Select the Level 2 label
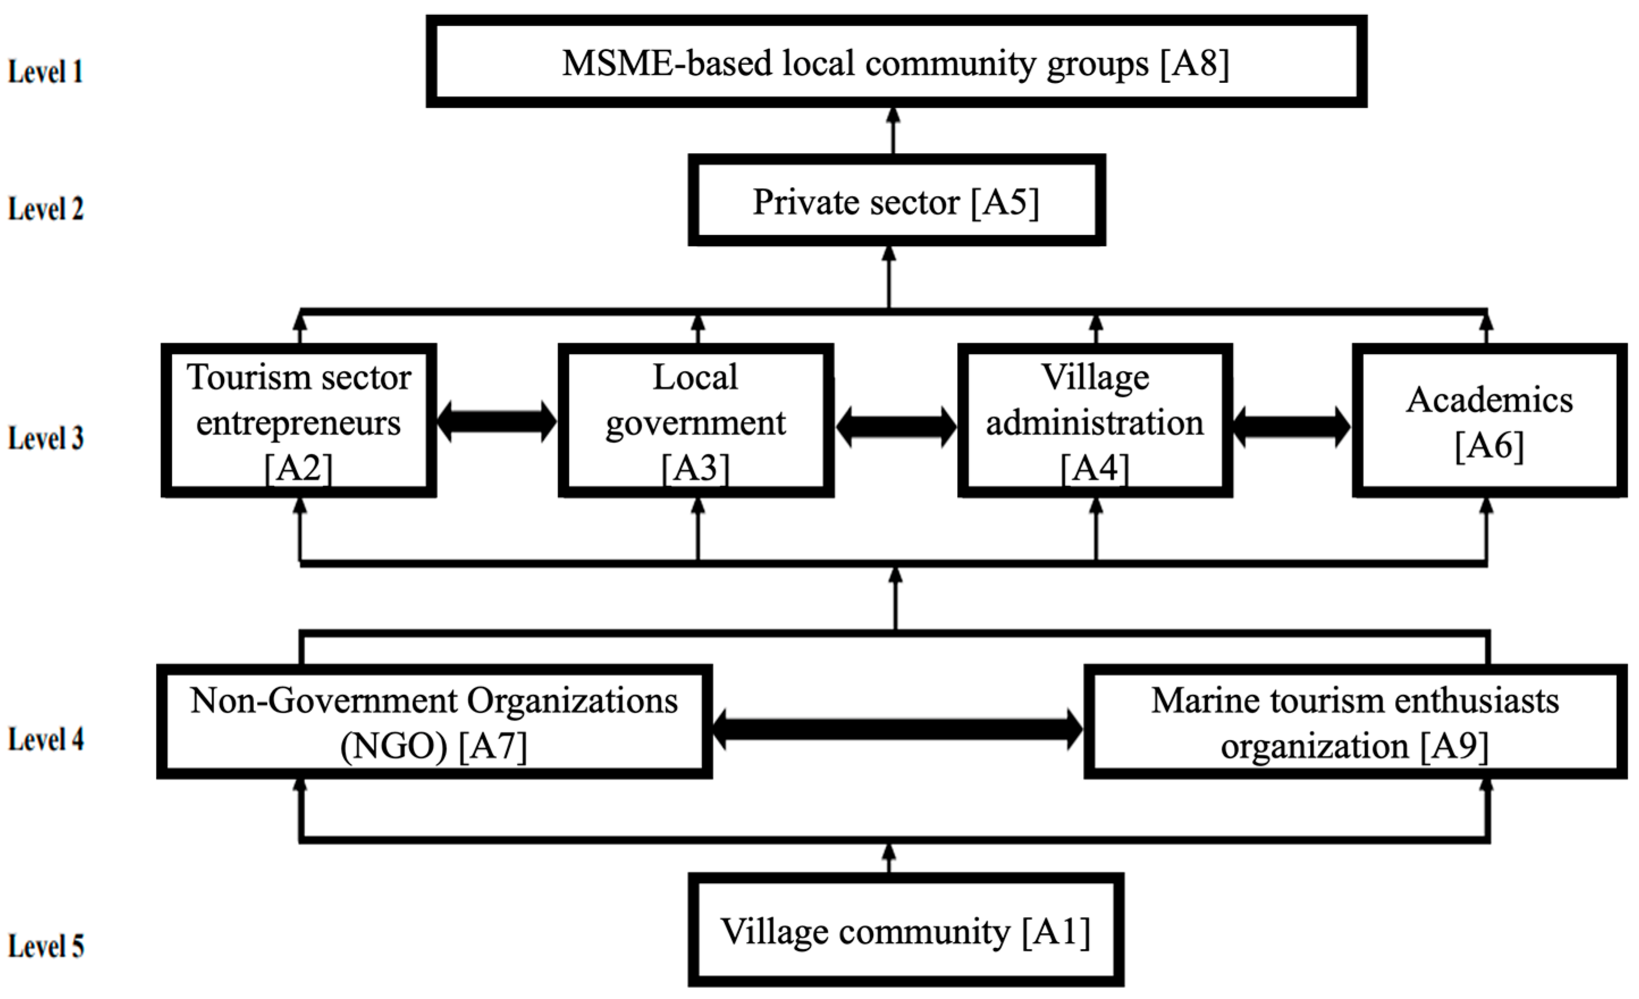45,209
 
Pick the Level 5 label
45,946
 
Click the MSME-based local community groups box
895,62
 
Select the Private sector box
896,201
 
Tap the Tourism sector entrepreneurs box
298,420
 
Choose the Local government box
696,420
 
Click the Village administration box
1095,420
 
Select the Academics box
1489,420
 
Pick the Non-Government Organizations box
435,722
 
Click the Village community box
905,930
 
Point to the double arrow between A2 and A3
497,421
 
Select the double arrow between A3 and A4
895,427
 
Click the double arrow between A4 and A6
1291,427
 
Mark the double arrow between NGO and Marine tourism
898,730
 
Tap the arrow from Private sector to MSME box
894,131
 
